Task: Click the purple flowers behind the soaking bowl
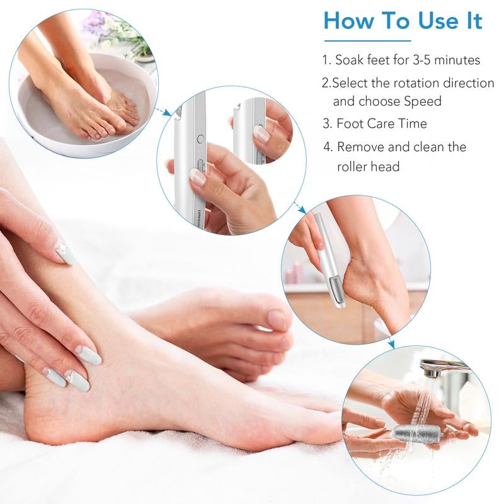94,21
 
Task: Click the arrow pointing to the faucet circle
391,344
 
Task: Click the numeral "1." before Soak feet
326,60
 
